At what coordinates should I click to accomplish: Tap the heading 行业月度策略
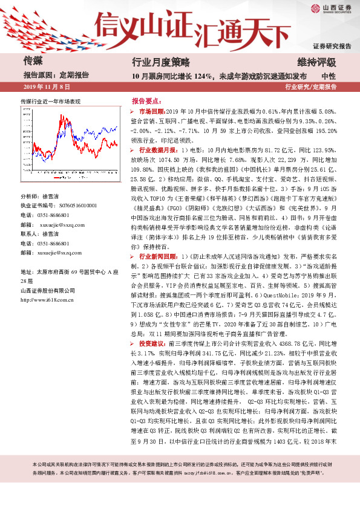[161, 62]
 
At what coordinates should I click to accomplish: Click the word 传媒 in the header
[33, 61]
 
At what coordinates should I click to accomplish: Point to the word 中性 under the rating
[329, 76]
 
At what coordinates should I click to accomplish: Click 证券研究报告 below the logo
[332, 46]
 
